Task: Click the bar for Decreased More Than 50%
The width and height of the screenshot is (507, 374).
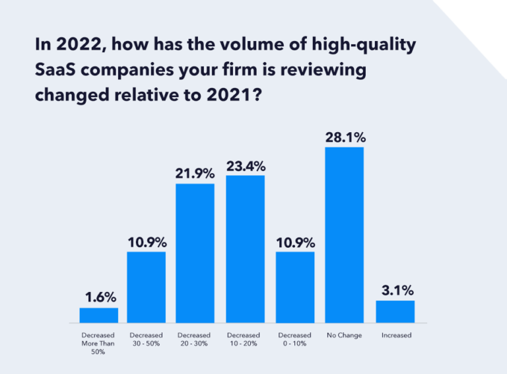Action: coord(99,315)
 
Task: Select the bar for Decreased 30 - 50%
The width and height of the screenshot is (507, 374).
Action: coord(146,287)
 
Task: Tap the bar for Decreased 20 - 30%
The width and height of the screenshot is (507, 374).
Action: coord(195,252)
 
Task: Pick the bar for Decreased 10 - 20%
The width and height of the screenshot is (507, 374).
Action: coord(245,248)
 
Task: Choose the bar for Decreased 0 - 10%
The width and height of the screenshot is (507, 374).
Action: coord(295,287)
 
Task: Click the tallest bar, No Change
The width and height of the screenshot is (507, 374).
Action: coord(345,235)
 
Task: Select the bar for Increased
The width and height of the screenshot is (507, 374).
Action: coord(395,311)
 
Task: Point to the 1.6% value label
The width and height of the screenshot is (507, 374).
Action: coord(99,297)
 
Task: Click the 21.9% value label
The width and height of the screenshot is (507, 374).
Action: coord(195,174)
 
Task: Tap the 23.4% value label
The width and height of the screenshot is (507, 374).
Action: coord(245,165)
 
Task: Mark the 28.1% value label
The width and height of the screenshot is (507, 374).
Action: coord(345,137)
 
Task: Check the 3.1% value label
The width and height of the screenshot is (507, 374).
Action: coord(396,290)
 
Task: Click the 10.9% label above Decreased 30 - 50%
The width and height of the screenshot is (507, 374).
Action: coord(146,242)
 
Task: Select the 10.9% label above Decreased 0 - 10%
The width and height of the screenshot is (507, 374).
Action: coord(295,242)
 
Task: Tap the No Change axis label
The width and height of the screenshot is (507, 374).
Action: coord(345,336)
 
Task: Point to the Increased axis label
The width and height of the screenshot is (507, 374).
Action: coord(396,336)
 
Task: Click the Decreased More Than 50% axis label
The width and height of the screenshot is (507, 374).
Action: coord(99,344)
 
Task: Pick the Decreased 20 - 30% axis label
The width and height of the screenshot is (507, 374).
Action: coord(195,340)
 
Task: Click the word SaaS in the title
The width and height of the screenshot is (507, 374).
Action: coord(53,70)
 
